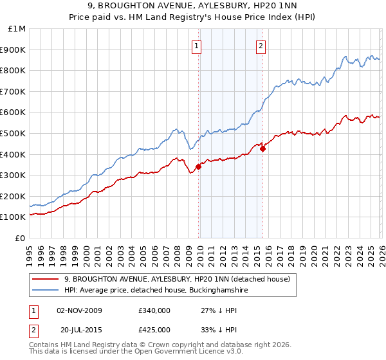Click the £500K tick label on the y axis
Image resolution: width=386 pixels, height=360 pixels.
coord(13,133)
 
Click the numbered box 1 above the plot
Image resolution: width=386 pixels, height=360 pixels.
coord(196,45)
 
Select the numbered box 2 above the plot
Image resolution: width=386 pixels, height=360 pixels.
coord(261,45)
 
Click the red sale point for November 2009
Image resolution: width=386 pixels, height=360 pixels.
coord(198,166)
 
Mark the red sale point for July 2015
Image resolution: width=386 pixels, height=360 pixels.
coord(262,148)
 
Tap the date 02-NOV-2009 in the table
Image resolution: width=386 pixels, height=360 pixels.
coord(79,310)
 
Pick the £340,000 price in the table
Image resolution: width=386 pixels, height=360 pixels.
coord(154,310)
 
